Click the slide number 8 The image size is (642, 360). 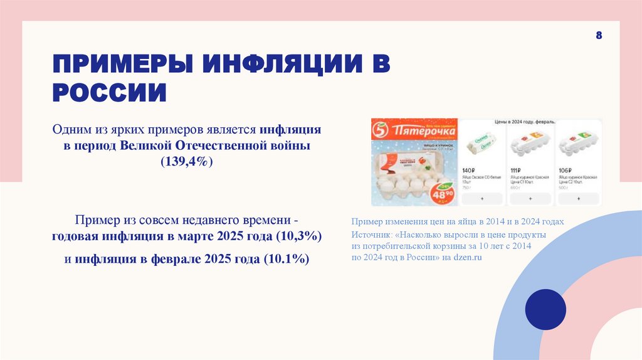point(599,36)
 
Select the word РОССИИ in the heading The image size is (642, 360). point(109,93)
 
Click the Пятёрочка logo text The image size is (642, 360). point(416,132)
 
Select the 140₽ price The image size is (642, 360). point(470,171)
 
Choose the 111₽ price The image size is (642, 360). point(517,171)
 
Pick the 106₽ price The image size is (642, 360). point(564,171)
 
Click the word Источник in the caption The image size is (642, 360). point(371,234)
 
